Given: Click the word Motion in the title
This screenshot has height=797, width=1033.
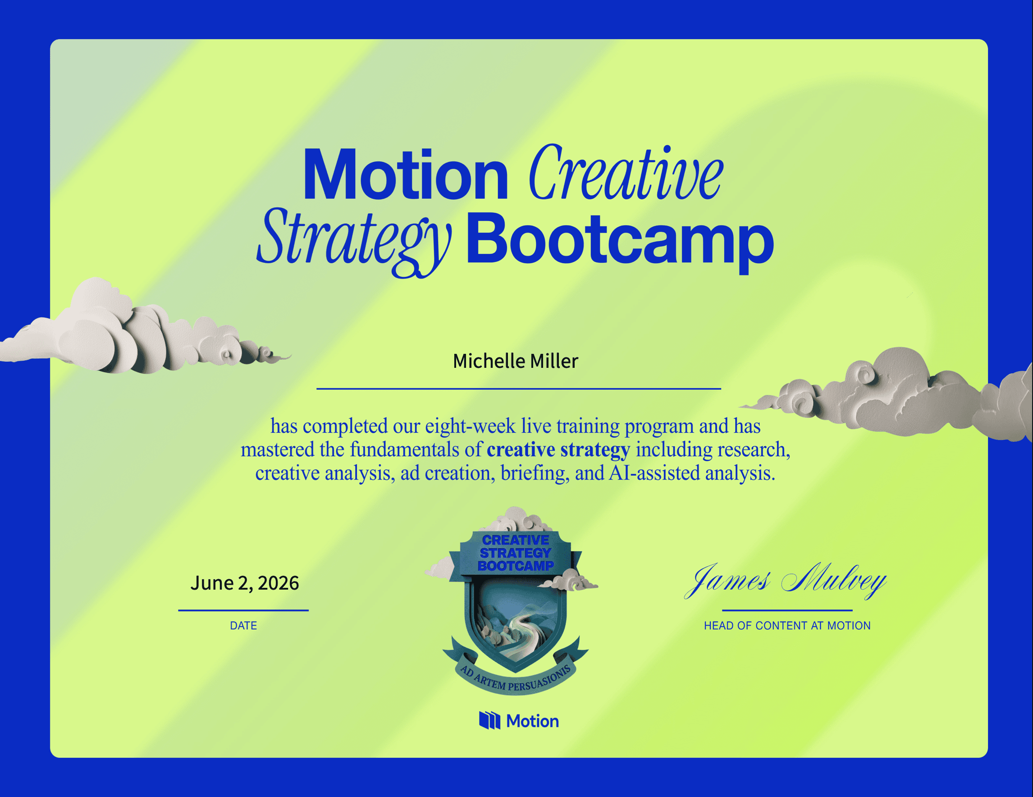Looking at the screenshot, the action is (x=405, y=174).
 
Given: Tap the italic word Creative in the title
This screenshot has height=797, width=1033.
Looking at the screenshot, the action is (x=626, y=172).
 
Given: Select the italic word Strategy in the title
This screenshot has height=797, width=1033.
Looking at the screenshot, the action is (x=354, y=242).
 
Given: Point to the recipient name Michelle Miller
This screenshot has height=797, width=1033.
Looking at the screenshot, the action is (x=516, y=361).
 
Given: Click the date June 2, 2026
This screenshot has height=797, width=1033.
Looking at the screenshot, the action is (x=245, y=583).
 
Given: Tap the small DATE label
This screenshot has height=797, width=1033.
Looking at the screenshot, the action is (x=243, y=625).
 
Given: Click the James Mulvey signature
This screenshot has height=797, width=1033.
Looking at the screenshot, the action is (x=786, y=581).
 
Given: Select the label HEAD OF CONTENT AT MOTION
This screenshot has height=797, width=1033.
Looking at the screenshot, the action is (x=787, y=625).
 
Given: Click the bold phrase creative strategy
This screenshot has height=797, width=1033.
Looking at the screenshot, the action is (x=558, y=449).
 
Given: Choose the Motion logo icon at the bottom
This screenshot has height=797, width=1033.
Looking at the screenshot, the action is (x=489, y=721).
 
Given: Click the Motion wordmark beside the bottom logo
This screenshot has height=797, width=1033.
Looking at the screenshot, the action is (x=533, y=721).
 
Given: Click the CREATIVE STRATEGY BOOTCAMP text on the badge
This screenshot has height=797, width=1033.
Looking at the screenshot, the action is (x=516, y=553).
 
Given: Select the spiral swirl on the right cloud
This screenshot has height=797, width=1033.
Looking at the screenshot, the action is (x=864, y=374).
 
